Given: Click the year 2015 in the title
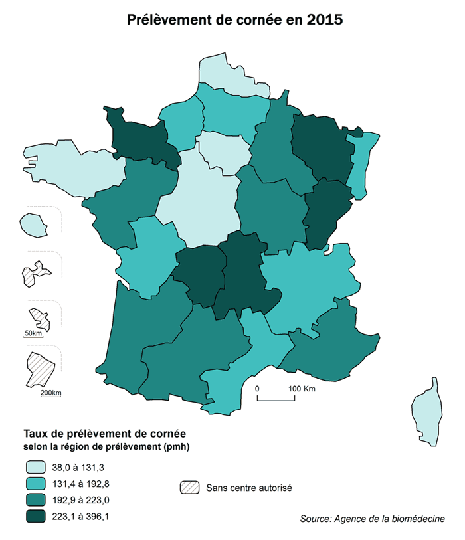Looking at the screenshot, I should (325, 20).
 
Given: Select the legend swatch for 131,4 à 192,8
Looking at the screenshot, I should (37, 484).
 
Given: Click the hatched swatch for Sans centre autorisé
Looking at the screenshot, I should (189, 487).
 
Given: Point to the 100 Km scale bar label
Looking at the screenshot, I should (302, 388).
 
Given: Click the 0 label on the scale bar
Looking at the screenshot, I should (258, 388).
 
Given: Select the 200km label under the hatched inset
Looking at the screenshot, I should (50, 393).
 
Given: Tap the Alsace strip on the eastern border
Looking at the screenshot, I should (363, 166).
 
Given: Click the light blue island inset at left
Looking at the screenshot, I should (32, 224).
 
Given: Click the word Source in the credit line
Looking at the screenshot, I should (316, 519).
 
